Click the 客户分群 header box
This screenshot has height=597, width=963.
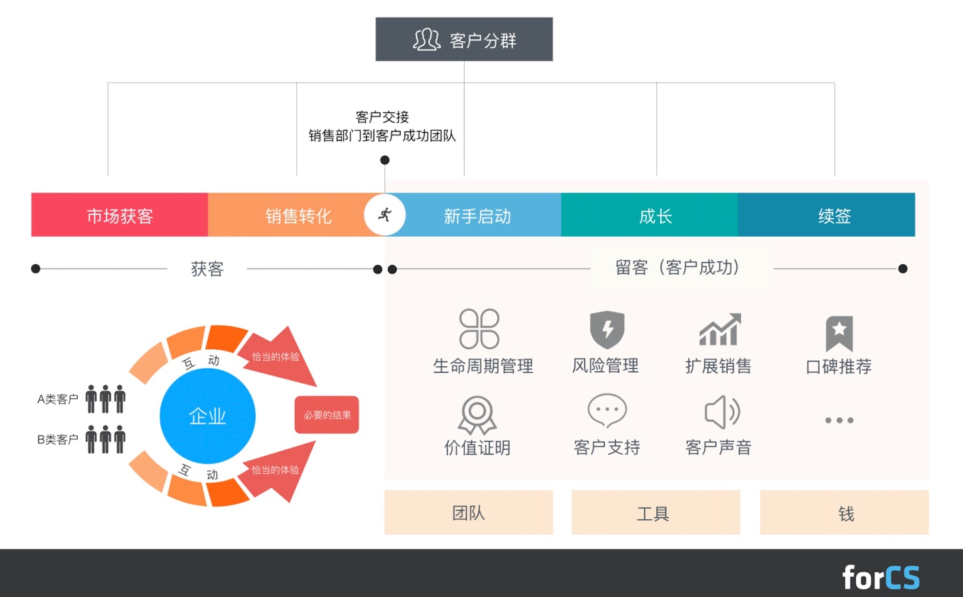464,39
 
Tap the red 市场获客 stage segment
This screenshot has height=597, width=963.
120,214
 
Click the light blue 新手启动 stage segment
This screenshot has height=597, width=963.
477,214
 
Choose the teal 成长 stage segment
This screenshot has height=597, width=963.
650,214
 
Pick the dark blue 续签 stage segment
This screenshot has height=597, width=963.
826,214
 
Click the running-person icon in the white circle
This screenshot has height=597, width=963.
385,214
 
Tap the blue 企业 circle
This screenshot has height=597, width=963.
208,415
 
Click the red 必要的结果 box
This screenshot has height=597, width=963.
327,415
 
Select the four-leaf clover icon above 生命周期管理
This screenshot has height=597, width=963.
479,329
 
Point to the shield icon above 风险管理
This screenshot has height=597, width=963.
607,330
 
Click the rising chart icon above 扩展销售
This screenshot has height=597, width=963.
720,329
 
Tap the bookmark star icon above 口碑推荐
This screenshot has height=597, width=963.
839,333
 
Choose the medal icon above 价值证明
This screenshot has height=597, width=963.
477,415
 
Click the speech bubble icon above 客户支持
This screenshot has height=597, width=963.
607,411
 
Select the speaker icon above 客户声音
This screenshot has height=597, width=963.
722,412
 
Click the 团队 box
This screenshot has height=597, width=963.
469,512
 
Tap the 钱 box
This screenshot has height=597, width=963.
845,512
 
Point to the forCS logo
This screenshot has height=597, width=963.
881,577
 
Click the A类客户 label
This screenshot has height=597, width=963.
58,399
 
